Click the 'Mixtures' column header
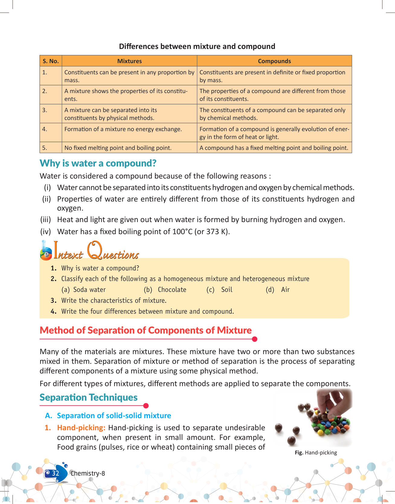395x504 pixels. point(129,61)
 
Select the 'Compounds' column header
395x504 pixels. point(274,61)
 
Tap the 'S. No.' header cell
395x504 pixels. point(51,61)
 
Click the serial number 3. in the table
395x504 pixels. point(45,110)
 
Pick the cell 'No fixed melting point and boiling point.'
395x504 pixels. point(118,148)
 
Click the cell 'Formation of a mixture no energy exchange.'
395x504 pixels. point(123,129)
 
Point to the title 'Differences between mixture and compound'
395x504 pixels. point(197,46)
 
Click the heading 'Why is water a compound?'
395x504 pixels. point(98,163)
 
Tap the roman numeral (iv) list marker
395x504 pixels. point(46,231)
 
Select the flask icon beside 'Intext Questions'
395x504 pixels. point(46,251)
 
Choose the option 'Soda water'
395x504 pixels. point(89,289)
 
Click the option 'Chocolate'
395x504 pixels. point(172,289)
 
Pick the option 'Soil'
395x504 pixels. point(226,289)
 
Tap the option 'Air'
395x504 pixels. point(285,289)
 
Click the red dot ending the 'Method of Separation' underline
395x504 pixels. point(255,339)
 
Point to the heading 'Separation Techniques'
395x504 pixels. point(88,397)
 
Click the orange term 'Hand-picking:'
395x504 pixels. point(81,428)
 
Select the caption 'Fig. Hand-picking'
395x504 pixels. point(316,452)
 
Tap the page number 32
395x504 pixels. point(56,473)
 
